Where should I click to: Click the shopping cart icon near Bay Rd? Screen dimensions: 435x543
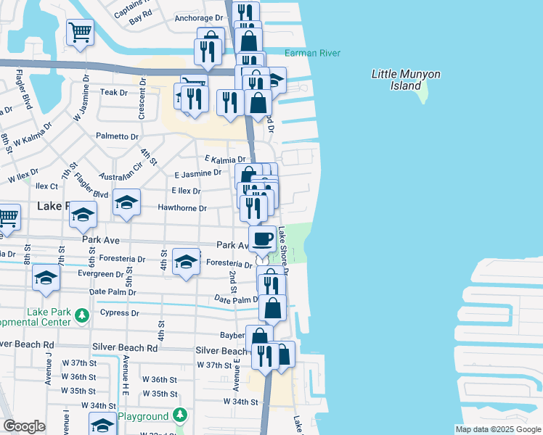click(80, 32)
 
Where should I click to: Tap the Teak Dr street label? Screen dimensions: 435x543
click(114, 93)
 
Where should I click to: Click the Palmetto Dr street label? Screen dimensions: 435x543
click(117, 136)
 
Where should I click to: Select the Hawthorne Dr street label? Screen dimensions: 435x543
click(183, 208)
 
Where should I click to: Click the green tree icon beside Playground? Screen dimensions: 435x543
click(180, 416)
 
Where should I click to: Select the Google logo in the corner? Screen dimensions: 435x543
click(24, 426)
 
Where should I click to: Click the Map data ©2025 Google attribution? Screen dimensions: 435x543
click(497, 429)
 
